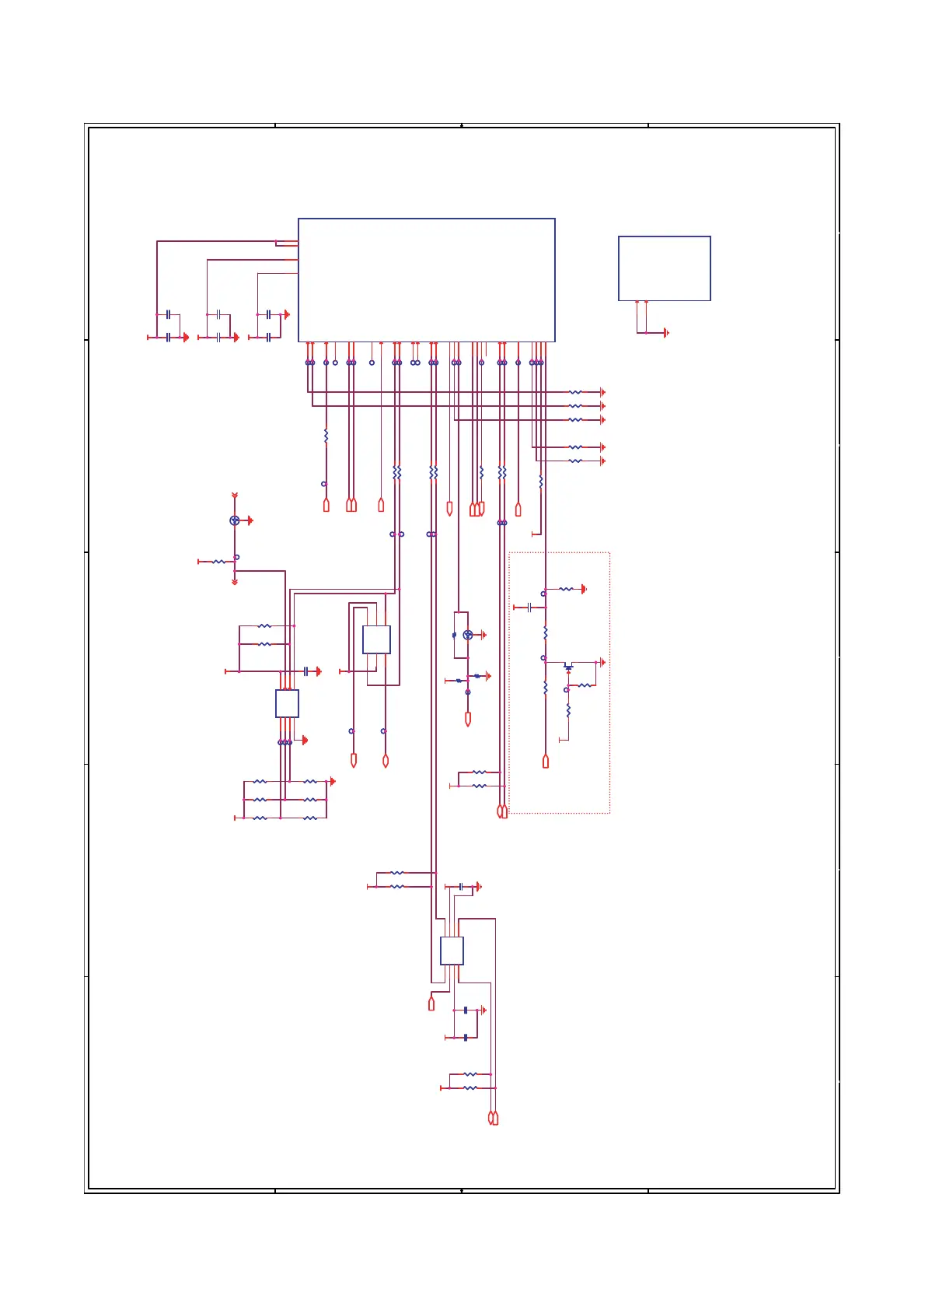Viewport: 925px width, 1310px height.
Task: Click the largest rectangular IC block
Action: tap(426, 280)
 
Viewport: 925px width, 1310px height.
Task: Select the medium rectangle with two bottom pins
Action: tap(664, 268)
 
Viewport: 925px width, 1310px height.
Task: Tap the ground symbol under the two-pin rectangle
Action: tap(665, 333)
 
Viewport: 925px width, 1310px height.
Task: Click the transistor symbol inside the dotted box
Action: tap(568, 667)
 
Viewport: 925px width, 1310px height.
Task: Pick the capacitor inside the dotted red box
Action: tap(529, 608)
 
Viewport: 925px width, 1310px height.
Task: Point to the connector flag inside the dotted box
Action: tap(546, 762)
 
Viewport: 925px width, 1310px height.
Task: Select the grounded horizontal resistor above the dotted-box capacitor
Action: tap(566, 590)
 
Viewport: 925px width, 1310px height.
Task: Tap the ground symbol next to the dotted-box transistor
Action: tap(602, 663)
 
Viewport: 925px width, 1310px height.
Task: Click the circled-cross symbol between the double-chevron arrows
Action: tap(235, 520)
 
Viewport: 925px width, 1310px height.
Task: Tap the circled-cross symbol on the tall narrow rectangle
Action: tap(467, 636)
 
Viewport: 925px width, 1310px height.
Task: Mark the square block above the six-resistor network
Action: tap(287, 703)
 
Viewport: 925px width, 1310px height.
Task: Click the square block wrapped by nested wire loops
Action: tap(376, 639)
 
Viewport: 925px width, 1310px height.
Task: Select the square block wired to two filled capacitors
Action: tap(452, 951)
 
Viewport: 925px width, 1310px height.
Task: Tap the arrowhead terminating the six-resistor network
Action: tap(333, 781)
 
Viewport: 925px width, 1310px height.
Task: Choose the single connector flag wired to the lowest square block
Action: tap(431, 1004)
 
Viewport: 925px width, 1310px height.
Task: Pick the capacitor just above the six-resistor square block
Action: tap(307, 671)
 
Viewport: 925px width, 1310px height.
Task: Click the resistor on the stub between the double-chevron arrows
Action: tap(218, 562)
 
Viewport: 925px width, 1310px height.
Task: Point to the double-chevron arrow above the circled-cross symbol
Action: tap(235, 496)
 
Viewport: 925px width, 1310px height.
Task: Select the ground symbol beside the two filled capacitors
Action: tap(483, 1011)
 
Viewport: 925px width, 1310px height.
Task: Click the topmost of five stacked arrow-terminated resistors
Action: tap(575, 393)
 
